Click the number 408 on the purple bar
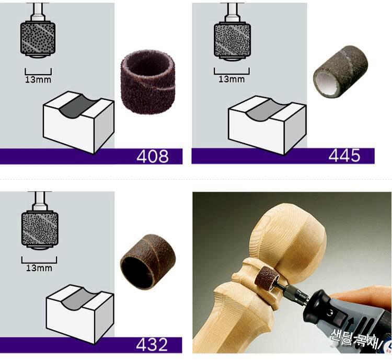pyautogui.click(x=153, y=156)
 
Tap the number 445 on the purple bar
pyautogui.click(x=344, y=155)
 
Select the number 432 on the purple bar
pyautogui.click(x=152, y=345)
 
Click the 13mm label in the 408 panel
pyautogui.click(x=38, y=80)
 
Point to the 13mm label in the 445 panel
pyautogui.click(x=232, y=79)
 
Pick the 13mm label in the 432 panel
pyautogui.click(x=39, y=268)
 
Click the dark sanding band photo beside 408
pyautogui.click(x=148, y=81)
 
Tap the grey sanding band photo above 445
pyautogui.click(x=340, y=71)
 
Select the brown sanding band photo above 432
pyautogui.click(x=148, y=262)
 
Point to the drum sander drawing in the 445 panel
pyautogui.click(x=232, y=32)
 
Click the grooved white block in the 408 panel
pyautogui.click(x=78, y=122)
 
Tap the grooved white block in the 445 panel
pyautogui.click(x=267, y=125)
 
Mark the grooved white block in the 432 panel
pyautogui.click(x=80, y=313)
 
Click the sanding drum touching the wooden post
pyautogui.click(x=265, y=276)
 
